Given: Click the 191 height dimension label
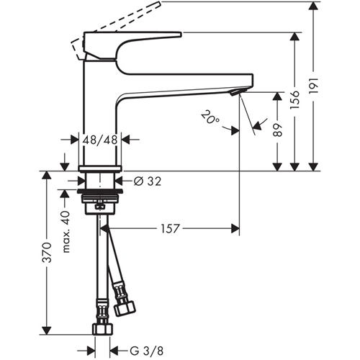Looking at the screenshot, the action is point(314,86).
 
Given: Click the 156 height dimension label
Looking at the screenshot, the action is point(295,100).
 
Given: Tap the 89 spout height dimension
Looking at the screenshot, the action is point(278,130).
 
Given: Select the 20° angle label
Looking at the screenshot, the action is point(210,117).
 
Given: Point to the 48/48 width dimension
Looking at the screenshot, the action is point(100,140).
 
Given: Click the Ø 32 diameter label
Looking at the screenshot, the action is point(148,181).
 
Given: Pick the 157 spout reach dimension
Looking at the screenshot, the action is point(170,228).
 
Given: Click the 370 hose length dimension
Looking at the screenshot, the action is point(47,253).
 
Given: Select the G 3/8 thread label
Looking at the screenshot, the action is point(147,351).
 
